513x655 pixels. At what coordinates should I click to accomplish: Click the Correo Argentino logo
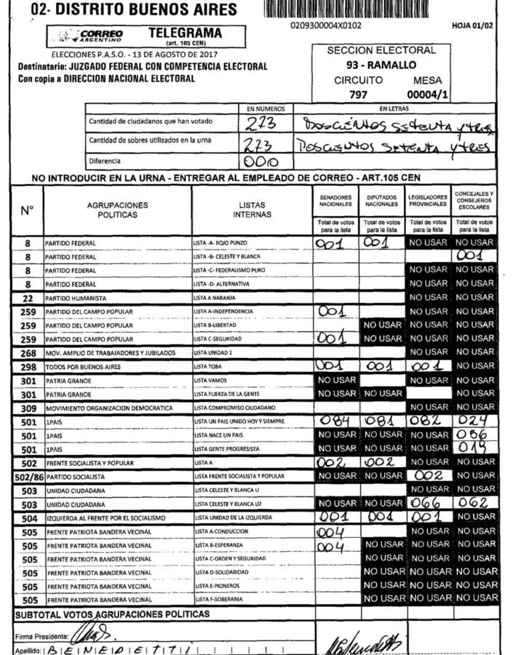(92, 36)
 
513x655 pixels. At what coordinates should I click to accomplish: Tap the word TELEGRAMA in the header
(185, 33)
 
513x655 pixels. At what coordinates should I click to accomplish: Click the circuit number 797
(358, 94)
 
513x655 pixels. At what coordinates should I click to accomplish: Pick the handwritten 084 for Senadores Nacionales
(335, 421)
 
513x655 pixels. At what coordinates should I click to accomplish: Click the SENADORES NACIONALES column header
(335, 201)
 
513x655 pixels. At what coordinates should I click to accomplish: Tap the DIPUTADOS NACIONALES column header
(382, 201)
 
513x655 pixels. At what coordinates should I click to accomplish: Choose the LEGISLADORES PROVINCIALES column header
(428, 201)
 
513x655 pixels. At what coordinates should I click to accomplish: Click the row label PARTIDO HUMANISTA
(76, 298)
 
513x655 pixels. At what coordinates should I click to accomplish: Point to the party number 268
(27, 353)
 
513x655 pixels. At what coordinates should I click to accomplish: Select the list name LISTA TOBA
(212, 367)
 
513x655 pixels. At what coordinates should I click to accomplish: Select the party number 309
(27, 408)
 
